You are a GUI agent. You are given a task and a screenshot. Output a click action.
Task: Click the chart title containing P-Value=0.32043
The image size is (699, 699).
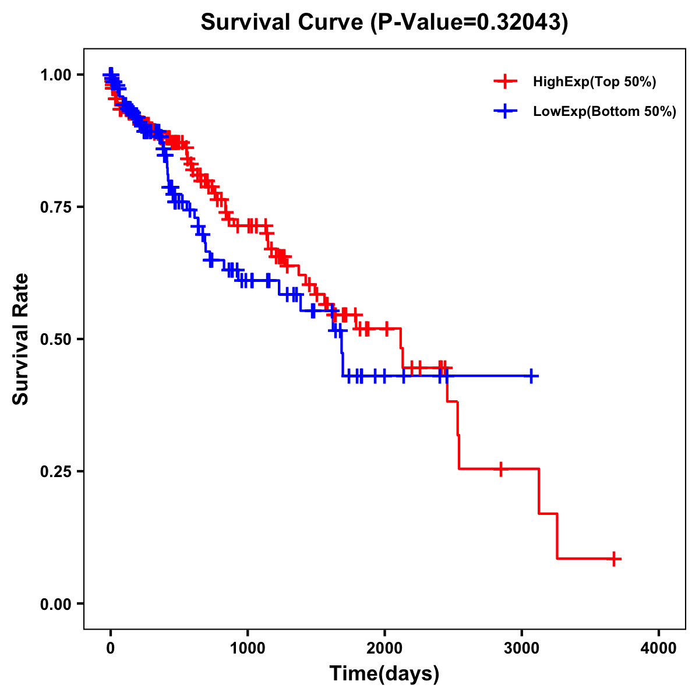click(x=384, y=22)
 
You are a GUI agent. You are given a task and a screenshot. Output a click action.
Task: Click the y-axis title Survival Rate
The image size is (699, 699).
click(x=21, y=338)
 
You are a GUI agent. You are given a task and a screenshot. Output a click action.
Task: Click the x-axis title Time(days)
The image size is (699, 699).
click(x=384, y=673)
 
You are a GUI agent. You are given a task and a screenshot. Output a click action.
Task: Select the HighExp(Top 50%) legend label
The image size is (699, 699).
click(x=594, y=82)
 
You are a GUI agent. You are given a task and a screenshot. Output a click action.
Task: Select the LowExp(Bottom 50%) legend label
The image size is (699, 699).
click(x=605, y=112)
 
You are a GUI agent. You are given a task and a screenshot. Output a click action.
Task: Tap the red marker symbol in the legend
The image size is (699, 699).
click(x=505, y=82)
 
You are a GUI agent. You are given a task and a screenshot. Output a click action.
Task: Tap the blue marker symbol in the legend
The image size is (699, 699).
click(x=505, y=112)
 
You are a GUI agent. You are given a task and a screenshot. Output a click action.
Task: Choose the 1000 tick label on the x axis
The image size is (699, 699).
click(x=248, y=648)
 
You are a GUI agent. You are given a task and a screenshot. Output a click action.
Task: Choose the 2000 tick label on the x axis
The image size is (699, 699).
click(x=384, y=648)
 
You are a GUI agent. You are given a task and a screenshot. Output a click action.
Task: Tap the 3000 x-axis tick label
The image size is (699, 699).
click(x=522, y=648)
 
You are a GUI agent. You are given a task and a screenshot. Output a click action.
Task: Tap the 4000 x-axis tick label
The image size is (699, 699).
click(x=659, y=648)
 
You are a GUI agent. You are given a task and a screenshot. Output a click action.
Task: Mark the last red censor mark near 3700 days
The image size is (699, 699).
click(x=614, y=559)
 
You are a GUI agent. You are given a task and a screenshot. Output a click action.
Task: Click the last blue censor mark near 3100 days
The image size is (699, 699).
click(x=531, y=376)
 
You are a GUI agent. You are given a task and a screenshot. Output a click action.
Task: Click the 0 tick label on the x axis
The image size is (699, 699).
click(x=111, y=648)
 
